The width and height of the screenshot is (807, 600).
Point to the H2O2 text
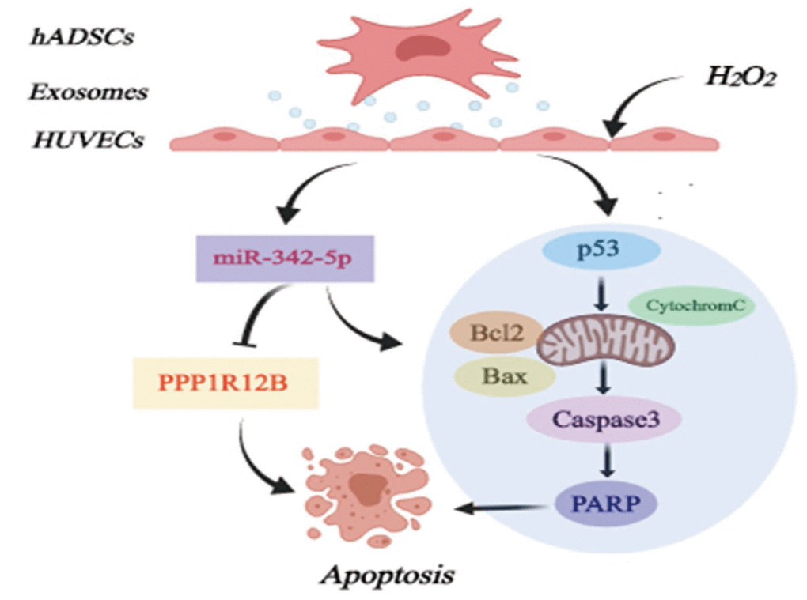click(740, 77)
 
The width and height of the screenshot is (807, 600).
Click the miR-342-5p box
click(284, 258)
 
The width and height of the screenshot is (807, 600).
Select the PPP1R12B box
click(225, 382)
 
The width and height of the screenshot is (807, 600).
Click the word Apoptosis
click(387, 573)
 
